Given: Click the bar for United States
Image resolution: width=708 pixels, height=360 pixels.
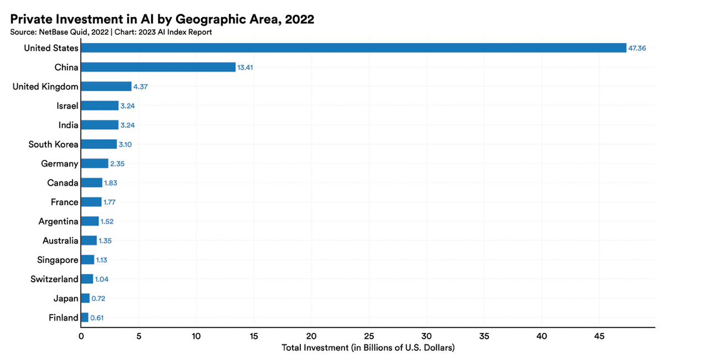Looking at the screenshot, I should click(353, 48).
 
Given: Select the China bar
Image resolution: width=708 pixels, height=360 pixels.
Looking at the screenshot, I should click(158, 67).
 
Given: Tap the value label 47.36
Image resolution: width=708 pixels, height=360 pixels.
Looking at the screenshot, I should click(637, 48).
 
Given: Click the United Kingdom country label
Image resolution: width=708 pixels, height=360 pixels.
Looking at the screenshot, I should click(45, 86).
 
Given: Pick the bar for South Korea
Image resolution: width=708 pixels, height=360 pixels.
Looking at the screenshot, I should click(99, 144).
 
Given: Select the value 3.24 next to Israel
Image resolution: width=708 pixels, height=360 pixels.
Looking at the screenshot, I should click(127, 106).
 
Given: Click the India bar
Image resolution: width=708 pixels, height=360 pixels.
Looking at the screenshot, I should click(100, 125).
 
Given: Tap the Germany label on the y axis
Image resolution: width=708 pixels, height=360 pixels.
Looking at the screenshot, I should click(60, 164).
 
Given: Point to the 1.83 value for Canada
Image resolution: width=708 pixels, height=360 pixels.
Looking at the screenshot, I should click(111, 183).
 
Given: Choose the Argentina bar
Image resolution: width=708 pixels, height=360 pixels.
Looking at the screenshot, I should click(90, 221).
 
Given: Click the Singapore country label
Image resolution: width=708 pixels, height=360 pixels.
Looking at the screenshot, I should click(58, 260).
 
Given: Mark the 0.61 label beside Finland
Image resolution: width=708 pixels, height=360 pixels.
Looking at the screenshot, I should click(97, 318).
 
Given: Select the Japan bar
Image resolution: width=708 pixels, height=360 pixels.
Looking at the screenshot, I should click(85, 299).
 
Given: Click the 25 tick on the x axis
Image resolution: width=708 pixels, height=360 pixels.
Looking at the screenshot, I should click(369, 336).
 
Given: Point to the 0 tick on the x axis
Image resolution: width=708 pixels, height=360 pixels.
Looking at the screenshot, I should click(81, 336).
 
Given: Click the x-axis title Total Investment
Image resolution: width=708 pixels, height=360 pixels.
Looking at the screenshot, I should click(368, 348).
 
